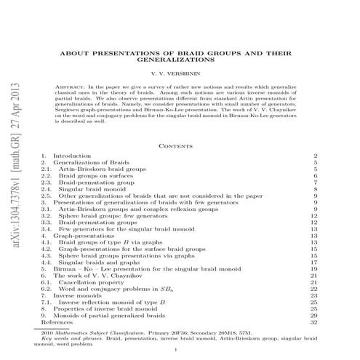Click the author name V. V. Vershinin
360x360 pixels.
tap(180, 74)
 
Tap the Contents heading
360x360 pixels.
tap(180, 145)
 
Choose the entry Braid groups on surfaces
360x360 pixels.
tap(94, 176)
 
